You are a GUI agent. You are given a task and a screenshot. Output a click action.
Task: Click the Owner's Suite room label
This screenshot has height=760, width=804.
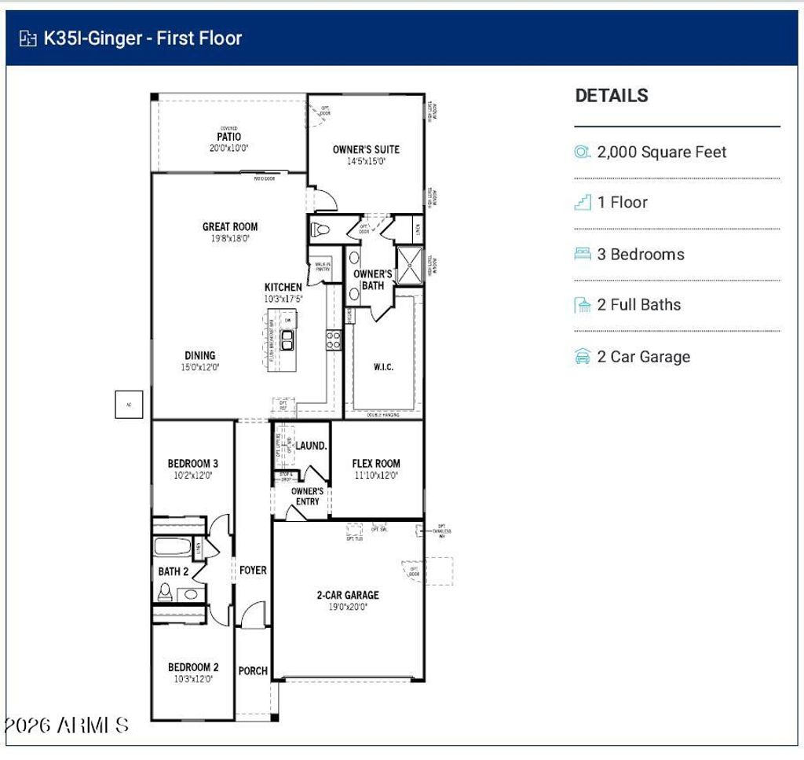click(x=366, y=149)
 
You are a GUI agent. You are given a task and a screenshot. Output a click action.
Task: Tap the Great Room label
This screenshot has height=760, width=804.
click(x=230, y=227)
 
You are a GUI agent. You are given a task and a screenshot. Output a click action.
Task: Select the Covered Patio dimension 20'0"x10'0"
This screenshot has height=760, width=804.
click(x=229, y=148)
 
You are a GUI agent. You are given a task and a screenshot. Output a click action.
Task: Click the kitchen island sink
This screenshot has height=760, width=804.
click(x=287, y=340)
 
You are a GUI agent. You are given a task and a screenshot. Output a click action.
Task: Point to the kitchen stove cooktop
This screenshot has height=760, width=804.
click(x=334, y=340)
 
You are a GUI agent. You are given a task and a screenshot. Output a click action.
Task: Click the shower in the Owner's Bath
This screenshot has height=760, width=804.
click(x=408, y=264)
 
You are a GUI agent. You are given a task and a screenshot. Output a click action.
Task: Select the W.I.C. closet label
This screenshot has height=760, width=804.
click(x=383, y=366)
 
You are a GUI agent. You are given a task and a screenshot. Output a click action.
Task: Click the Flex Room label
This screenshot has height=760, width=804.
click(x=376, y=464)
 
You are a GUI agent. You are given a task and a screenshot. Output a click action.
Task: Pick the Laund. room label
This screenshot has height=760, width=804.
click(x=311, y=446)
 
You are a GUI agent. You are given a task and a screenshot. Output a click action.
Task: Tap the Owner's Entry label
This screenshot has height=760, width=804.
click(x=307, y=496)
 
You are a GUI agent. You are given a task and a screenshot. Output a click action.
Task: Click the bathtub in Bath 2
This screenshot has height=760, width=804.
click(x=172, y=547)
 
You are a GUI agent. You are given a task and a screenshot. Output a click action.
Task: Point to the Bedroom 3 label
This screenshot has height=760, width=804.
click(x=192, y=464)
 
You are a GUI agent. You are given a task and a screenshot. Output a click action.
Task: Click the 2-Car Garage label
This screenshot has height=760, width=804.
click(x=347, y=595)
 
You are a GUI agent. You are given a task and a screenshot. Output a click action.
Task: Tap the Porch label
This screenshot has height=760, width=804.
click(x=253, y=671)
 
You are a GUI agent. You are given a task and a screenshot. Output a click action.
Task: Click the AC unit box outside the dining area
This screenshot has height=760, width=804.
click(x=129, y=404)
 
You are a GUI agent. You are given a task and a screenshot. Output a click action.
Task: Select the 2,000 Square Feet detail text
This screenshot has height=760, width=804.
click(x=662, y=152)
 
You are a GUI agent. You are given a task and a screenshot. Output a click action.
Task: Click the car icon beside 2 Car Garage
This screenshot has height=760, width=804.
click(x=583, y=357)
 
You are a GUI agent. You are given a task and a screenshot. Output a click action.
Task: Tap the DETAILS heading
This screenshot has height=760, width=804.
click(x=612, y=96)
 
